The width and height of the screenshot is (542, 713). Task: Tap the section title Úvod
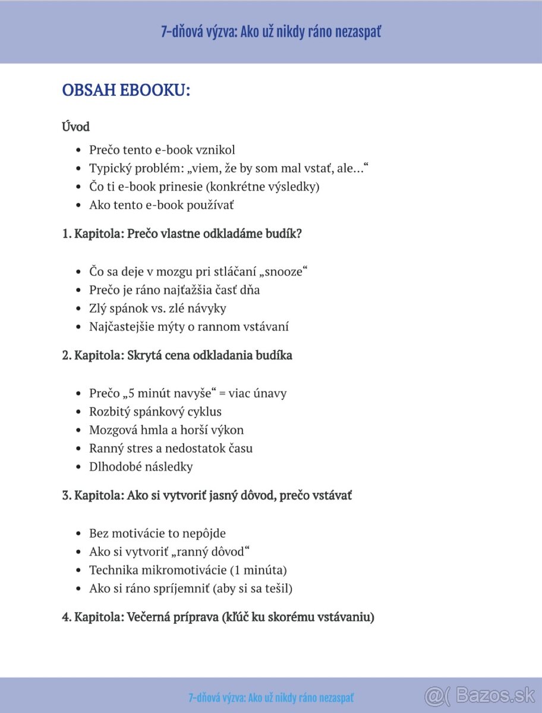pos(75,127)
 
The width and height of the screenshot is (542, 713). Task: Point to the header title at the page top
pos(271,31)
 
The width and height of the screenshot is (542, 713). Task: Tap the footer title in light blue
pos(271,698)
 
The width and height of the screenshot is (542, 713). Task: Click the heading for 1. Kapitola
pos(182,234)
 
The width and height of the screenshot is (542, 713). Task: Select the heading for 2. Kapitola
pos(177,355)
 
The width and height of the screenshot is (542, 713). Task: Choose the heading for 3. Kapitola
pos(207,495)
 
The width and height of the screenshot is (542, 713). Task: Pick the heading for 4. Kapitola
pos(218,617)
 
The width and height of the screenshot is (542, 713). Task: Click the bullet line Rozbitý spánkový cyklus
pos(155,411)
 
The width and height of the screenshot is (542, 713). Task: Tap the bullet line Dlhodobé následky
pos(141,466)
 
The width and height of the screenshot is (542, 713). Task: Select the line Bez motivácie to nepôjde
pos(157,533)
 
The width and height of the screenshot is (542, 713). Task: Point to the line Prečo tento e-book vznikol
pos(162,150)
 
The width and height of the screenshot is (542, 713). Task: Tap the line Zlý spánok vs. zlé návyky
pos(157,308)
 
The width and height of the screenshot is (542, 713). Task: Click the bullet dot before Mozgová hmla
pos(78,430)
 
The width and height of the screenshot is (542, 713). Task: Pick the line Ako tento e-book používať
pos(161,205)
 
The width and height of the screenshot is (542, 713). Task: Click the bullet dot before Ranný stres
pos(78,449)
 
